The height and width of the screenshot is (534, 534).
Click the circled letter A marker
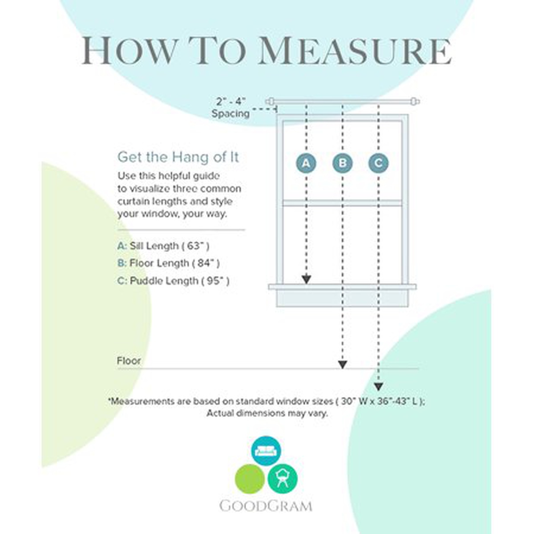pos(306,163)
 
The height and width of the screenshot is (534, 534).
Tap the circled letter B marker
pos(342,163)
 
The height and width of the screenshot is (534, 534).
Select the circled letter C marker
pos(378,163)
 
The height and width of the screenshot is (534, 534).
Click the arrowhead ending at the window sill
pos(306,279)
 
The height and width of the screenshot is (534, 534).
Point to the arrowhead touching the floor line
pos(342,364)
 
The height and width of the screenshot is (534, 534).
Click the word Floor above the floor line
pos(129,360)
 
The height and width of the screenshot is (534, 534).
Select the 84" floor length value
pos(206,263)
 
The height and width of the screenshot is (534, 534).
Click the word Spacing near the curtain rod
pos(231,113)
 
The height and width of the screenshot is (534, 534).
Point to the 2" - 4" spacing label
pos(231,101)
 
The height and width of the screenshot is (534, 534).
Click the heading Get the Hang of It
pos(178,157)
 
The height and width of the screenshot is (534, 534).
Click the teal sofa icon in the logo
pos(266,450)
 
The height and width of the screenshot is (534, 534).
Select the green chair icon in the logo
pos(283,478)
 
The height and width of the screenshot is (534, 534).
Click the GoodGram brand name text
pos(266,506)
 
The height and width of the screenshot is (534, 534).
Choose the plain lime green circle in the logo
pos(250,479)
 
